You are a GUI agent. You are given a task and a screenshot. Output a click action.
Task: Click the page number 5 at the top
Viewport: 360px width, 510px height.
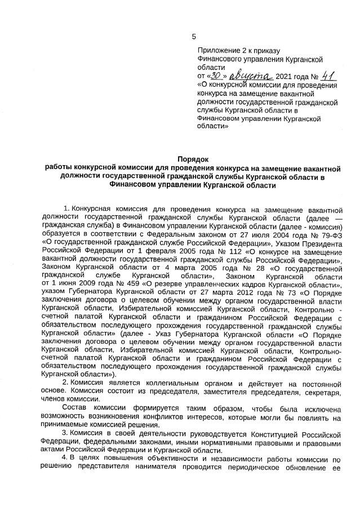coord(194,37)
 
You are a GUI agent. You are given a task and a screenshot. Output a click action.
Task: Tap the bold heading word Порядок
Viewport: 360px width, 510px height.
coord(193,159)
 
